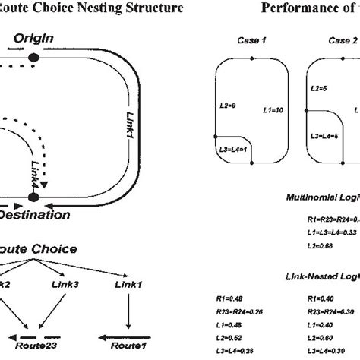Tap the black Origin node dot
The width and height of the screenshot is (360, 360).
click(33, 57)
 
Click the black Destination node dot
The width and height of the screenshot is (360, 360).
click(33, 197)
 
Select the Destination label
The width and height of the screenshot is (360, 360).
click(36, 215)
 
